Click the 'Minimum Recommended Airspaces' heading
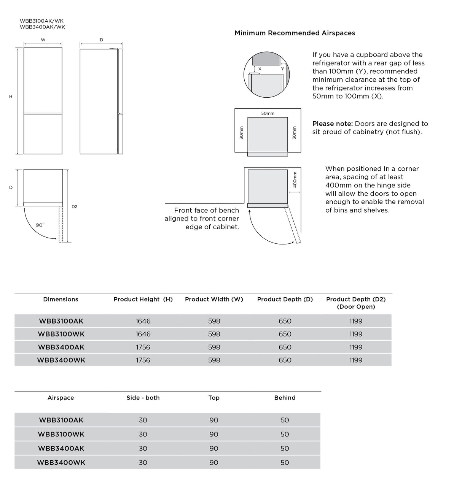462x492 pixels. pyautogui.click(x=295, y=33)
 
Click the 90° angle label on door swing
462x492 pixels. pyautogui.click(x=40, y=225)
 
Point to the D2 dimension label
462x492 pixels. pyautogui.click(x=74, y=206)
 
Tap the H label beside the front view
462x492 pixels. pyautogui.click(x=11, y=97)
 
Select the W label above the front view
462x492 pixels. pyautogui.click(x=43, y=40)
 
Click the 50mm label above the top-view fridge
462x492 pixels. pyautogui.click(x=268, y=113)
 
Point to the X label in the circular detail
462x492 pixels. pyautogui.click(x=260, y=69)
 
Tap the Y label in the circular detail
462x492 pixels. pyautogui.click(x=282, y=69)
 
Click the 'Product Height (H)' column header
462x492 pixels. pyautogui.click(x=143, y=299)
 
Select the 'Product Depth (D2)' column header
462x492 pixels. pyautogui.click(x=356, y=303)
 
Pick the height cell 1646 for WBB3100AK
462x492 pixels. pyautogui.click(x=143, y=321)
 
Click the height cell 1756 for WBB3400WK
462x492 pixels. pyautogui.click(x=143, y=360)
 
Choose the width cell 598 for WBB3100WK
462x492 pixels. pyautogui.click(x=214, y=334)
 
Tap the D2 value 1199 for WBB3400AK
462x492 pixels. pyautogui.click(x=356, y=347)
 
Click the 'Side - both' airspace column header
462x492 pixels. pyautogui.click(x=143, y=398)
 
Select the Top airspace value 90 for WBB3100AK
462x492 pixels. pyautogui.click(x=214, y=420)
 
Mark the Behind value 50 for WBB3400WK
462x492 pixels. pyautogui.click(x=285, y=462)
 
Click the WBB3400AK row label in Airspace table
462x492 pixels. pyautogui.click(x=61, y=448)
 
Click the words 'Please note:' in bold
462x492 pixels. pyautogui.click(x=333, y=124)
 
